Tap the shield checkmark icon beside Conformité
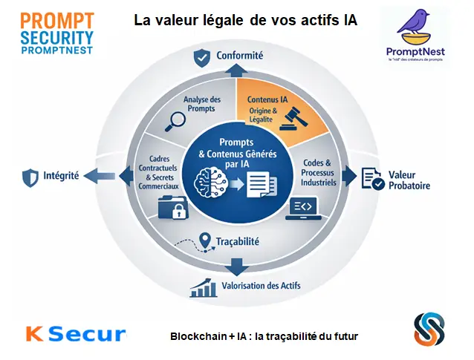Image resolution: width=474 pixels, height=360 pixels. [x=201, y=56]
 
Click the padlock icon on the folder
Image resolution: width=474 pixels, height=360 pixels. [x=178, y=212]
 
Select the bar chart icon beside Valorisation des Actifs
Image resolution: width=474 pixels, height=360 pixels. [x=202, y=287]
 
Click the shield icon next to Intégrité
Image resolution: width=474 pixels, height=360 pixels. [x=30, y=177]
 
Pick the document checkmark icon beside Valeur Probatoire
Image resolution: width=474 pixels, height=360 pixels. [x=371, y=177]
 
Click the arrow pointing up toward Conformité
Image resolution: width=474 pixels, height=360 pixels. [x=237, y=69]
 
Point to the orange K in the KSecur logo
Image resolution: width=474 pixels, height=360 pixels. [x=33, y=333]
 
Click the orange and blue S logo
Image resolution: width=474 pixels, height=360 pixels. [x=429, y=330]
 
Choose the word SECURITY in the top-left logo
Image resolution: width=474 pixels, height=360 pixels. [x=47, y=36]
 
